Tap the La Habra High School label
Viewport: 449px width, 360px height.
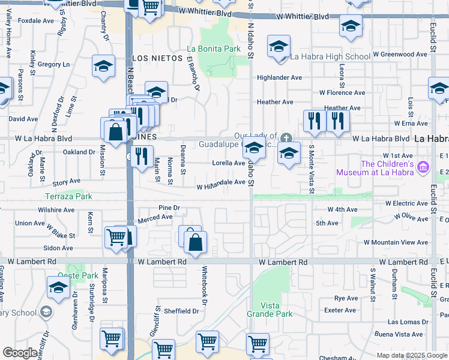point(330,57)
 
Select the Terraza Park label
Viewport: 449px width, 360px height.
point(69,196)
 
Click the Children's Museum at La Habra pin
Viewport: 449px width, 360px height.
point(424,166)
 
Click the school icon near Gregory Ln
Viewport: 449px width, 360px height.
point(104,66)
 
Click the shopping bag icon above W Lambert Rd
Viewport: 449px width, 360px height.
point(196,243)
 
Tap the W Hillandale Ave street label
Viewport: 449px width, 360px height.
point(221,187)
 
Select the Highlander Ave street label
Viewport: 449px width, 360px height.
point(279,77)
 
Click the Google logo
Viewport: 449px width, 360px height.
point(20,353)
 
